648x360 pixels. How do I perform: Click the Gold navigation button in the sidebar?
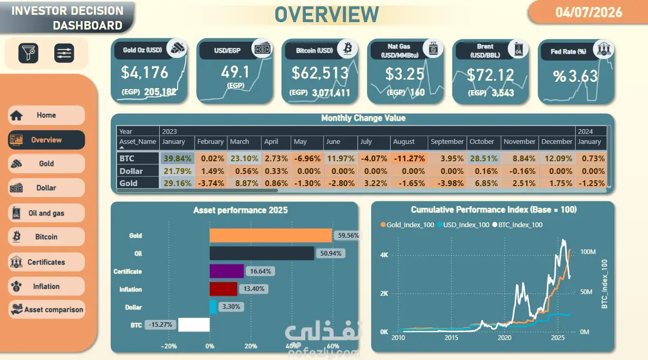pyautogui.click(x=46, y=164)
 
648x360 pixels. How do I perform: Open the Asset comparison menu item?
pyautogui.click(x=46, y=309)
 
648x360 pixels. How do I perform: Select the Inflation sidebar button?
pyautogui.click(x=46, y=286)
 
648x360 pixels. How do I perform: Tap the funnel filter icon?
pyautogui.click(x=28, y=53)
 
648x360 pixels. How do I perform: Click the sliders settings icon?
pyautogui.click(x=64, y=53)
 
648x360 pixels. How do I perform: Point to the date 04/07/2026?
pyautogui.click(x=588, y=13)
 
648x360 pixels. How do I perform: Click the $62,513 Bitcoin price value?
pyautogui.click(x=320, y=73)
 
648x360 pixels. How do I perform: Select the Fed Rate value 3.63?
pyautogui.click(x=575, y=76)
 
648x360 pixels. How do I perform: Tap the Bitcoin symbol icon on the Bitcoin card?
pyautogui.click(x=347, y=48)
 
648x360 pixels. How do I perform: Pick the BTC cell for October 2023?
pyautogui.click(x=483, y=159)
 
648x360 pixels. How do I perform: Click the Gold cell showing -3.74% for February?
pyautogui.click(x=211, y=183)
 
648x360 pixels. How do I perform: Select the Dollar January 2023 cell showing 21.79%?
pyautogui.click(x=177, y=171)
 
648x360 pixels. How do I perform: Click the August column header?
pyautogui.click(x=403, y=142)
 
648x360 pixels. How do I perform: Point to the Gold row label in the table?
pyautogui.click(x=129, y=183)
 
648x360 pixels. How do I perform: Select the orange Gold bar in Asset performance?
pyautogui.click(x=271, y=236)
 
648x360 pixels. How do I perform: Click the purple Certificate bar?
pyautogui.click(x=227, y=271)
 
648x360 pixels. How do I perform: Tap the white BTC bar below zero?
pyautogui.click(x=194, y=325)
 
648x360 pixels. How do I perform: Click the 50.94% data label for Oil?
pyautogui.click(x=331, y=254)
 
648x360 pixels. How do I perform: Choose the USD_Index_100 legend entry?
pyautogui.click(x=463, y=225)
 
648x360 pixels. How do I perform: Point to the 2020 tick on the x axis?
pyautogui.click(x=505, y=337)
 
